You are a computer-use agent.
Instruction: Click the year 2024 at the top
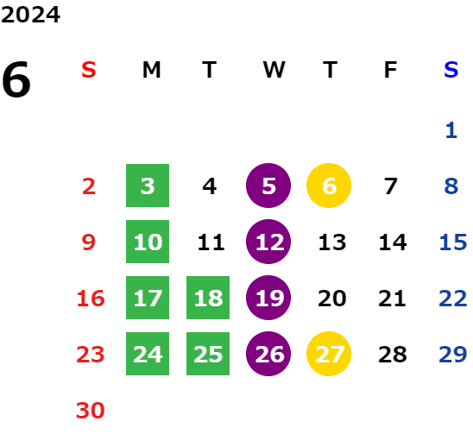(x=30, y=15)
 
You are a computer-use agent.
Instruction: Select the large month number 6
(x=16, y=79)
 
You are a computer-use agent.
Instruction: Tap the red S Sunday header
(x=89, y=70)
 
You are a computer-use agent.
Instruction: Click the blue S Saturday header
(x=451, y=70)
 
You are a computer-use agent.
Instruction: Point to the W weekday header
(x=274, y=70)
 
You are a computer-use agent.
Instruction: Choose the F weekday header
(x=390, y=70)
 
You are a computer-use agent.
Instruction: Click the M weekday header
(x=151, y=70)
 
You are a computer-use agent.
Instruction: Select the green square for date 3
(x=148, y=186)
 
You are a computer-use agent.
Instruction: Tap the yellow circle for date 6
(x=329, y=186)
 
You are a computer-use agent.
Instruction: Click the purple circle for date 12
(x=268, y=242)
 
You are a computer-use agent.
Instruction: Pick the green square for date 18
(x=208, y=298)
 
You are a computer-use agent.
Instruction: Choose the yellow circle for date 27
(x=329, y=354)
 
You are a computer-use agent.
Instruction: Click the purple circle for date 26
(x=268, y=354)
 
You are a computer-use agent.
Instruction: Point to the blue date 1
(x=451, y=130)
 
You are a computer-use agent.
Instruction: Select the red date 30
(x=90, y=411)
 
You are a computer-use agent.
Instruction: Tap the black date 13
(x=332, y=242)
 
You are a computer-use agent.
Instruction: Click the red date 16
(x=91, y=299)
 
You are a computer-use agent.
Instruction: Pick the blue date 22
(x=453, y=299)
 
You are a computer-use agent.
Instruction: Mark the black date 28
(x=393, y=355)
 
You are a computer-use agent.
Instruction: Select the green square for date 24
(x=148, y=354)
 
